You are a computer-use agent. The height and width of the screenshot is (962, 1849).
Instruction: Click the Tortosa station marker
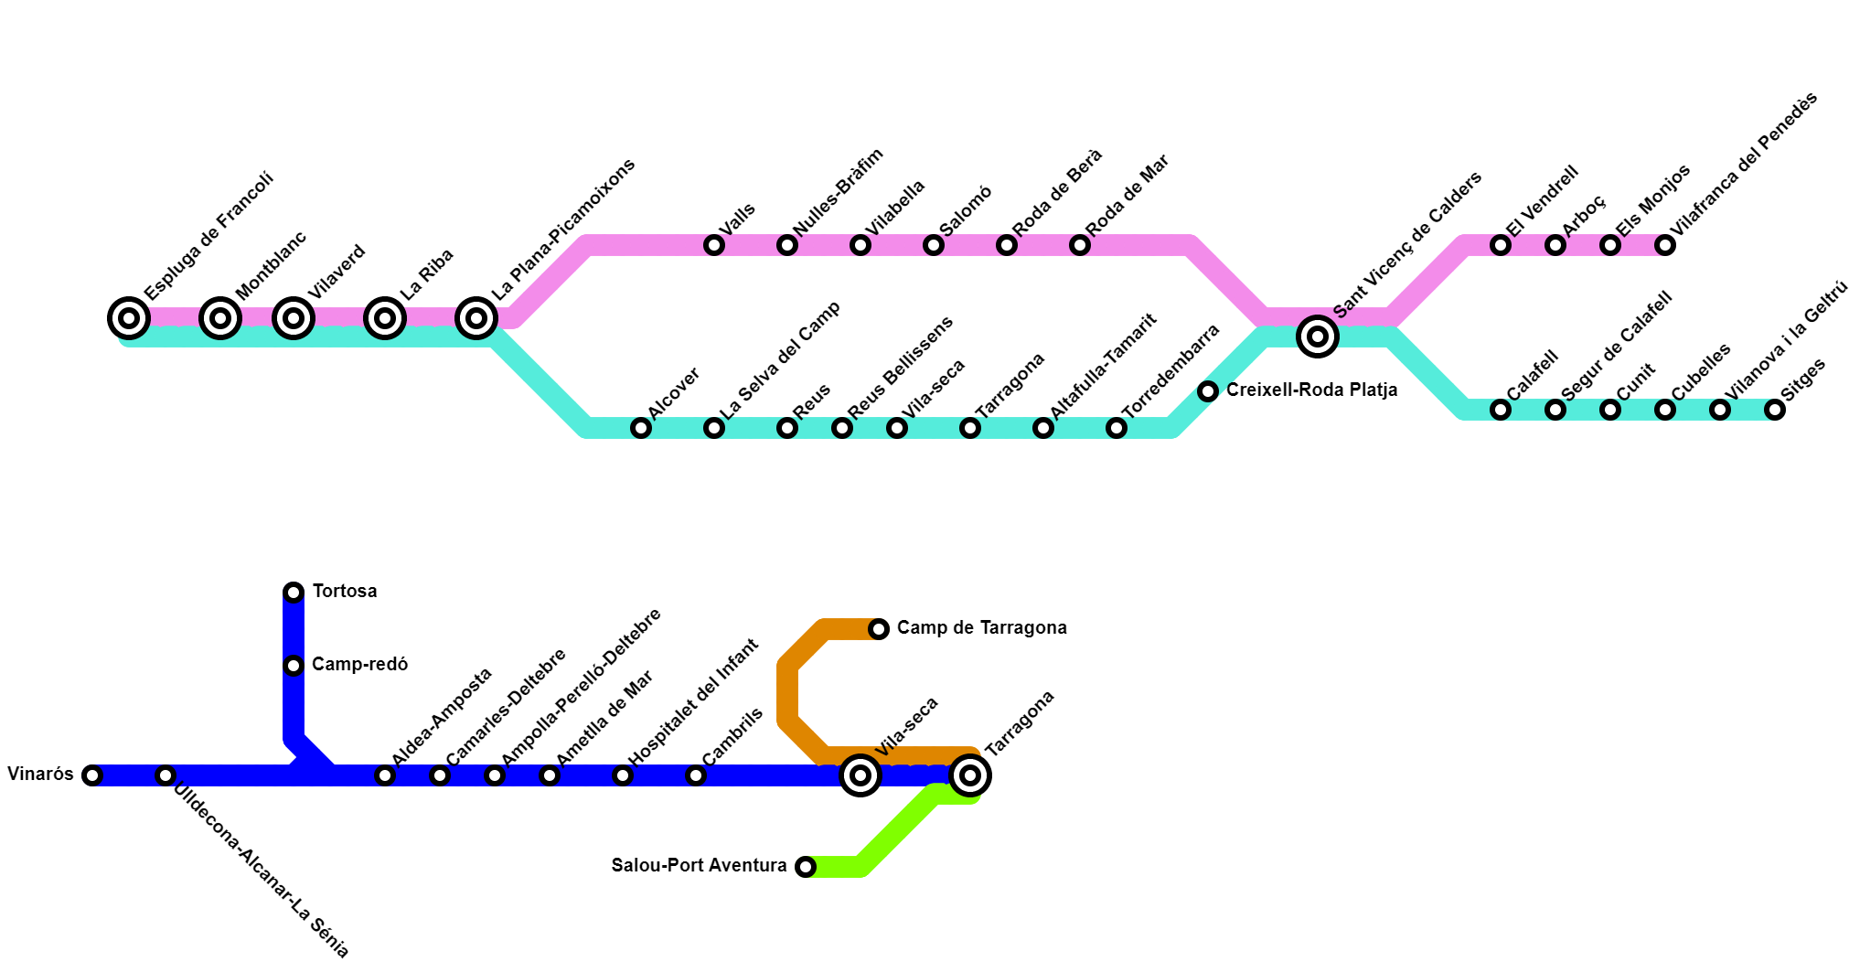point(294,593)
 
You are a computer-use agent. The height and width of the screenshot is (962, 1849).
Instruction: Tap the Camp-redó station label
point(359,665)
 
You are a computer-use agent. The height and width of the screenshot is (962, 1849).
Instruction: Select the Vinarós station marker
point(92,775)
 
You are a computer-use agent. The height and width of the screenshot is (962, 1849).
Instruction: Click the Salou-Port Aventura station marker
point(806,866)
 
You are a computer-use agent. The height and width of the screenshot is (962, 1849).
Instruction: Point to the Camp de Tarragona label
point(981,628)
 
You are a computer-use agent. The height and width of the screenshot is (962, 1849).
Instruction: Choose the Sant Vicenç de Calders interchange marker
point(1318,337)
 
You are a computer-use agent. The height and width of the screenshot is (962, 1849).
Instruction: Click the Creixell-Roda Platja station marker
point(1208,391)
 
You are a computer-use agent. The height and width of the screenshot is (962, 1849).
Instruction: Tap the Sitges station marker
point(1775,410)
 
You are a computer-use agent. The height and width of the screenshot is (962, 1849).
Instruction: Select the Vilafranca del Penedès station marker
point(1665,245)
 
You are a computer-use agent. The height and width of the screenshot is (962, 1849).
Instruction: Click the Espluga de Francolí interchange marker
point(129,318)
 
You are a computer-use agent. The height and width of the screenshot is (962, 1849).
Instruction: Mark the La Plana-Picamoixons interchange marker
point(476,318)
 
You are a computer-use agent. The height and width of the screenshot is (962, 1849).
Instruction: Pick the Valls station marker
point(714,245)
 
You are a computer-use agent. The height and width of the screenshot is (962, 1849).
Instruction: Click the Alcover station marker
point(641,428)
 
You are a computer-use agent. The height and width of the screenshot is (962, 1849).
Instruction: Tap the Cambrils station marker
point(696,775)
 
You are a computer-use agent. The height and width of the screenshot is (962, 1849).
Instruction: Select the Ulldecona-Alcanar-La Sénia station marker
point(166,775)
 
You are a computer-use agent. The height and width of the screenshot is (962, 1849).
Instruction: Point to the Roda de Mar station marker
point(1080,245)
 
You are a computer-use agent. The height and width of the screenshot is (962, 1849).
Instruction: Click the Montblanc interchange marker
point(220,318)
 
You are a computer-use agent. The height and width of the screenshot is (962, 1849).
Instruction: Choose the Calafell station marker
point(1501,410)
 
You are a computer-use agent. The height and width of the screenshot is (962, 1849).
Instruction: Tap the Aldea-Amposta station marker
point(385,775)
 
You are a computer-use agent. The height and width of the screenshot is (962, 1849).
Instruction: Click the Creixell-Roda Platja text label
point(1311,390)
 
